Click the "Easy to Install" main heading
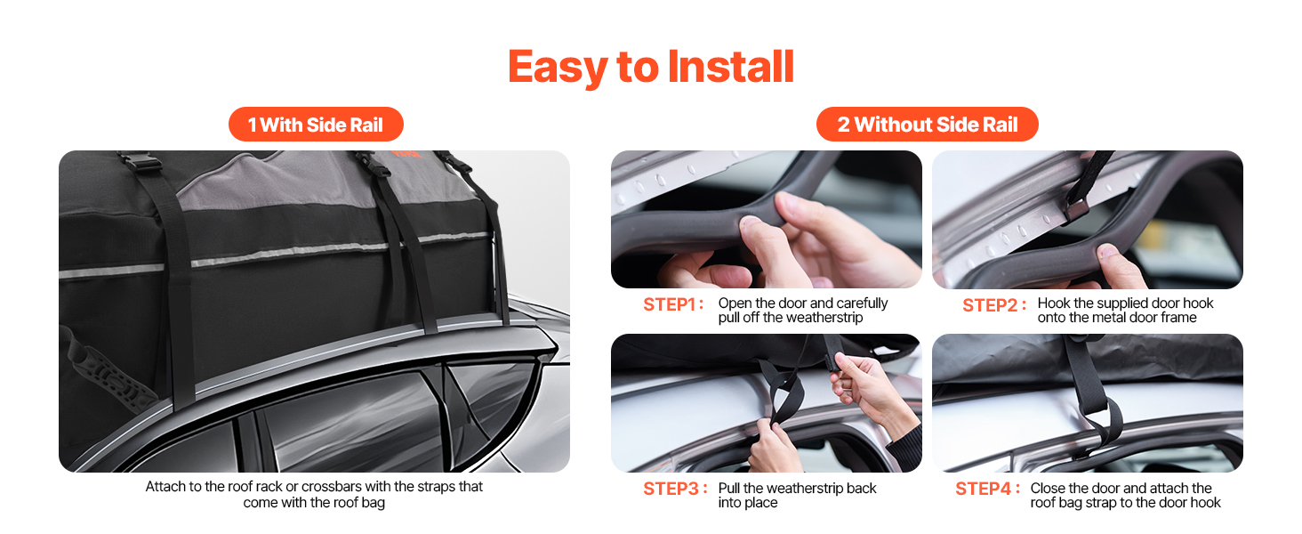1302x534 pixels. click(650, 67)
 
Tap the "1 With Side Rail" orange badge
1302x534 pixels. click(316, 125)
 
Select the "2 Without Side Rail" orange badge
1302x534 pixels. click(927, 125)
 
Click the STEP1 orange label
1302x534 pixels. click(673, 305)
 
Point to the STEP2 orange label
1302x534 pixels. click(993, 305)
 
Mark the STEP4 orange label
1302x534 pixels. click(986, 489)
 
